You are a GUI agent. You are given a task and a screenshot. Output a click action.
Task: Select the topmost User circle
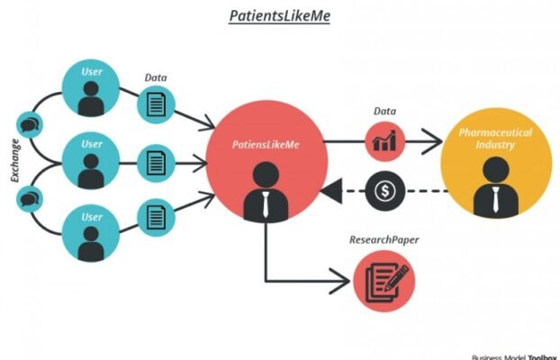coord(90,90)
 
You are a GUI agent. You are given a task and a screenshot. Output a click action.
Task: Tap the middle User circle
coord(90,163)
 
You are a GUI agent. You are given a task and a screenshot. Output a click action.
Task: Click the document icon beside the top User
coord(155,106)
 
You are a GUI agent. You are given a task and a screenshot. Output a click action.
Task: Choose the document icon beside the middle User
coord(155,164)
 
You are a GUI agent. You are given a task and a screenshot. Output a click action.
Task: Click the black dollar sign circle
coord(385,190)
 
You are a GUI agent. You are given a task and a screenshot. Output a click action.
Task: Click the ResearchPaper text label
coord(384,241)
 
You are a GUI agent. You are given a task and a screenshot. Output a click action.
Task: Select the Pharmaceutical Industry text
coord(495,138)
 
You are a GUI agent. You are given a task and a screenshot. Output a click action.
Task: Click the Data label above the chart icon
coord(385,112)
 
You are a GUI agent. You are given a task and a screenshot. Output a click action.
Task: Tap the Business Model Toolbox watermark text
coord(514,355)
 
